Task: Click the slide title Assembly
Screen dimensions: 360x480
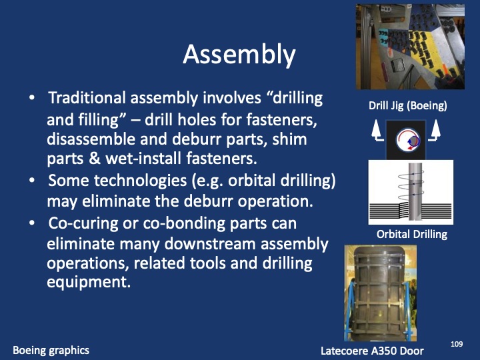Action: point(239,55)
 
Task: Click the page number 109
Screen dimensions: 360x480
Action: point(457,343)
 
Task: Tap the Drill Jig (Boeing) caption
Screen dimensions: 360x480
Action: point(407,105)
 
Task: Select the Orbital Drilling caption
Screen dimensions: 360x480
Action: point(411,234)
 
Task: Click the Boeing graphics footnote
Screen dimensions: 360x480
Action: point(51,350)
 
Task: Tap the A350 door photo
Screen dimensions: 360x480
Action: point(380,293)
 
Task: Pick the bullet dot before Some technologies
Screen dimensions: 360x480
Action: point(33,181)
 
